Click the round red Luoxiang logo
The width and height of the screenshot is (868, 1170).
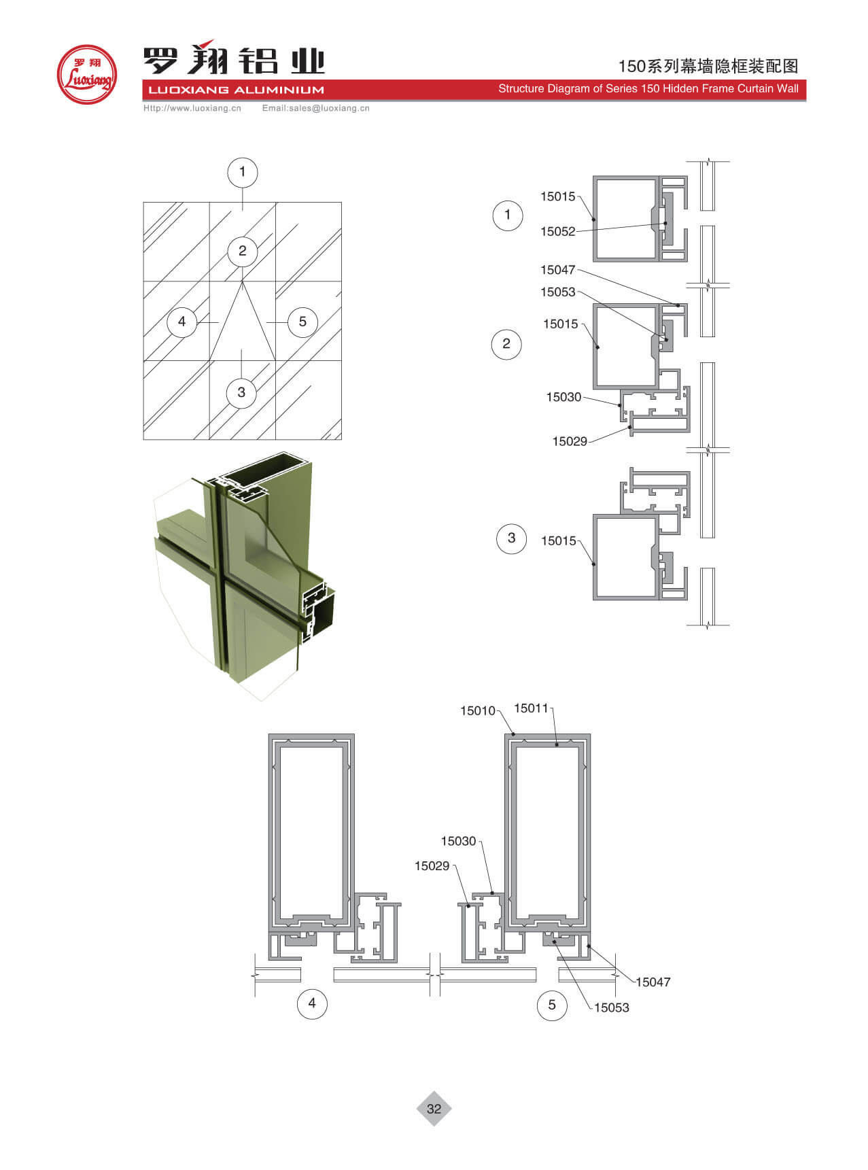86,74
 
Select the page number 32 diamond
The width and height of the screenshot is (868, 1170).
434,1109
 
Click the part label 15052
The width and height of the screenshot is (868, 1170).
557,231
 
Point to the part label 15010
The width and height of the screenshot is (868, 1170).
477,710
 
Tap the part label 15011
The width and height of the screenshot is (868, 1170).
531,708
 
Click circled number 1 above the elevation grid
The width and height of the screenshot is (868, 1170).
242,172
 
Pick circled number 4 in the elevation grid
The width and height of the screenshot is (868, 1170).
181,322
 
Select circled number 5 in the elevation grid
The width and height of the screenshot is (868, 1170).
302,322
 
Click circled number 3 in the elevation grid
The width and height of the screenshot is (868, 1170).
241,392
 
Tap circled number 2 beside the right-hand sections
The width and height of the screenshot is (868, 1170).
506,344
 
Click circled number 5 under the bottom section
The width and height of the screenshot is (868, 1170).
552,1004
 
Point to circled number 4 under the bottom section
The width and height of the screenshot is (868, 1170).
312,1003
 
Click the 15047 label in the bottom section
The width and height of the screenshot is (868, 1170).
653,982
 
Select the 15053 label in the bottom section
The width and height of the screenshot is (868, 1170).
611,1008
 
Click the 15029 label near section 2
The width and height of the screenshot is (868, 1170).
570,441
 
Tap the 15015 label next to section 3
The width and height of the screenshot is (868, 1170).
558,540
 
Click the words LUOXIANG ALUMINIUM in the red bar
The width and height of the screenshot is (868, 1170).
236,90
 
